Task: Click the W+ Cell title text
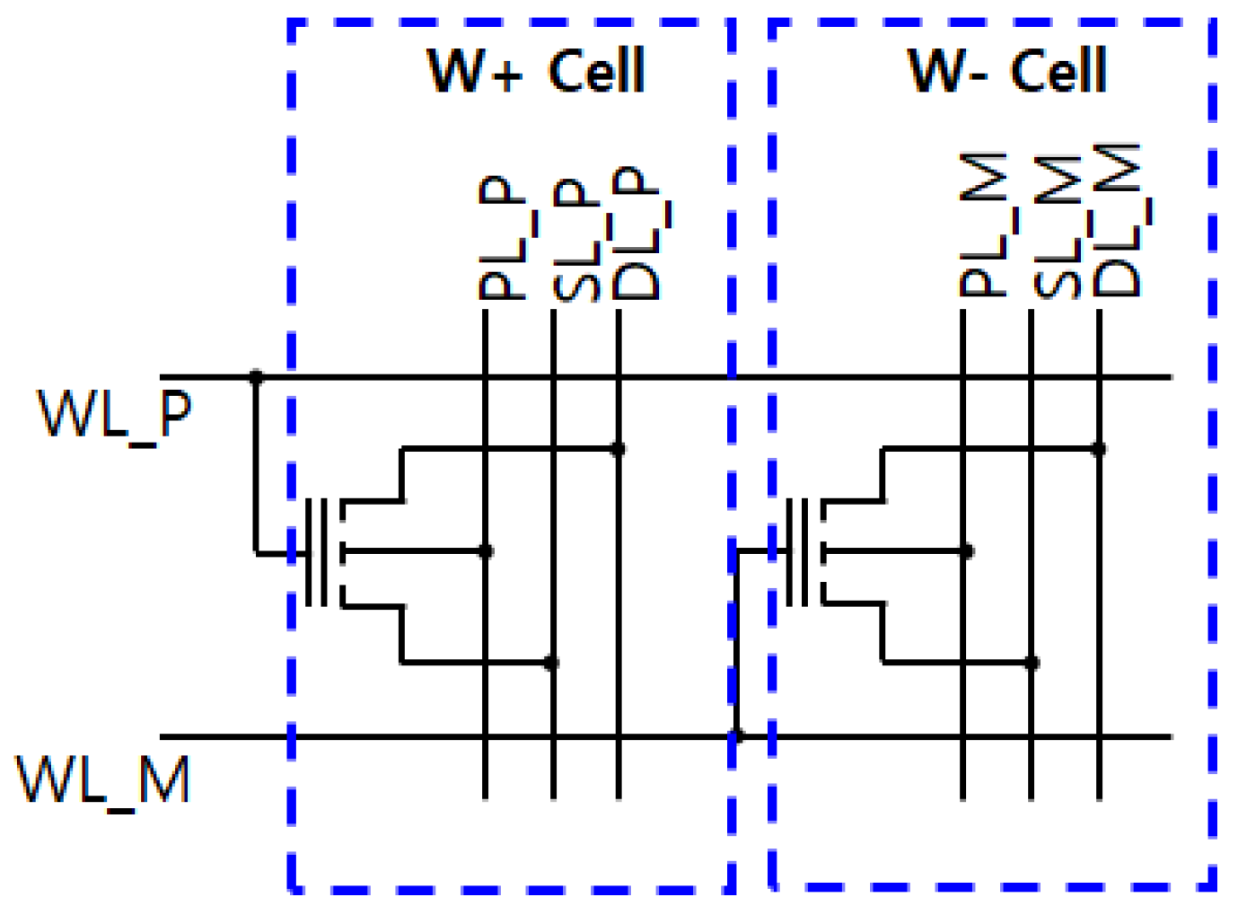click(x=536, y=71)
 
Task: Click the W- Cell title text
click(x=1007, y=71)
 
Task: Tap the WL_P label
click(x=114, y=414)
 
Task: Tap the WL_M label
click(x=104, y=779)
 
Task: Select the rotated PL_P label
click(x=502, y=237)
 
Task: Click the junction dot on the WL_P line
click(x=256, y=377)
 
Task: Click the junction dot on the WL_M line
click(x=736, y=736)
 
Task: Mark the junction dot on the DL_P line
click(x=618, y=448)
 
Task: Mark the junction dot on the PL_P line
click(x=486, y=551)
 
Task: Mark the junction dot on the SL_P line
click(x=552, y=663)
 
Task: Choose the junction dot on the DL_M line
click(x=1098, y=448)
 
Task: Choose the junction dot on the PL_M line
click(x=966, y=551)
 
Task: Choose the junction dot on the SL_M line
click(x=1032, y=663)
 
